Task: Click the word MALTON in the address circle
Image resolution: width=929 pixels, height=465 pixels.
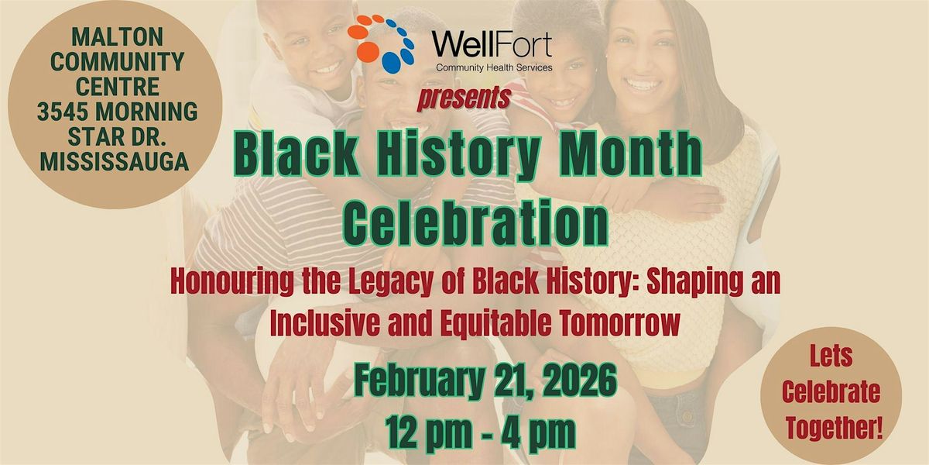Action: [x=118, y=37]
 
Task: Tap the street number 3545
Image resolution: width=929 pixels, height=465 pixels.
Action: [x=63, y=112]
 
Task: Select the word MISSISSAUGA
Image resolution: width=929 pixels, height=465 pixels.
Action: [x=115, y=161]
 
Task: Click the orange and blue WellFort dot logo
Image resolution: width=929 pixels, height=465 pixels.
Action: [x=381, y=43]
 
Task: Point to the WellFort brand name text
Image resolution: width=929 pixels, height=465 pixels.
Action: [x=492, y=44]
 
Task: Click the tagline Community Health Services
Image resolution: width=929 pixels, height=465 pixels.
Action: [x=494, y=67]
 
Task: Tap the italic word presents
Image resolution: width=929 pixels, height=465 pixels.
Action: [x=464, y=98]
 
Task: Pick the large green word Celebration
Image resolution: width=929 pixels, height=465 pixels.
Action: [x=476, y=222]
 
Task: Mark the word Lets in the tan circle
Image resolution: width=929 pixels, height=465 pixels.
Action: [x=831, y=356]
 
